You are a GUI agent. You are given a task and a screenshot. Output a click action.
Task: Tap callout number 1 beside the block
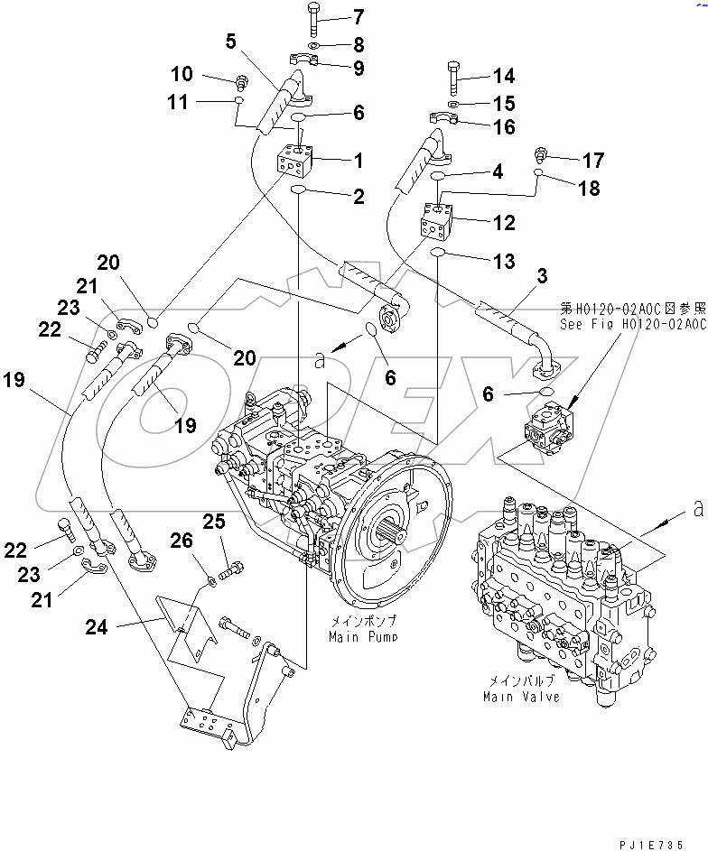(x=359, y=162)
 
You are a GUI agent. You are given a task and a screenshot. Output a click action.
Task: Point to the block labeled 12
(x=439, y=221)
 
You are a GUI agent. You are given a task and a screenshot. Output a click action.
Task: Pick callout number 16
(x=504, y=127)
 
